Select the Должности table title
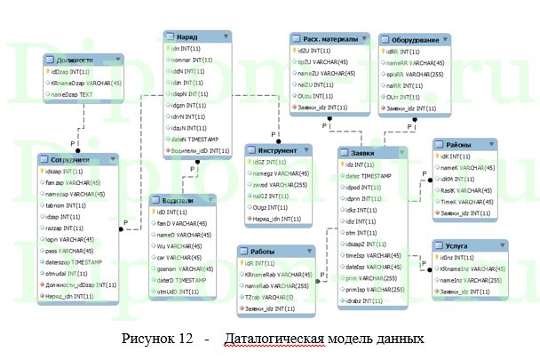click(x=75, y=59)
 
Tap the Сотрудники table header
click(x=71, y=159)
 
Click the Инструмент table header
click(x=277, y=150)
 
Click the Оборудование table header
click(x=409, y=40)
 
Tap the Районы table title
click(x=462, y=144)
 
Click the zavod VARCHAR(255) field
click(x=285, y=184)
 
